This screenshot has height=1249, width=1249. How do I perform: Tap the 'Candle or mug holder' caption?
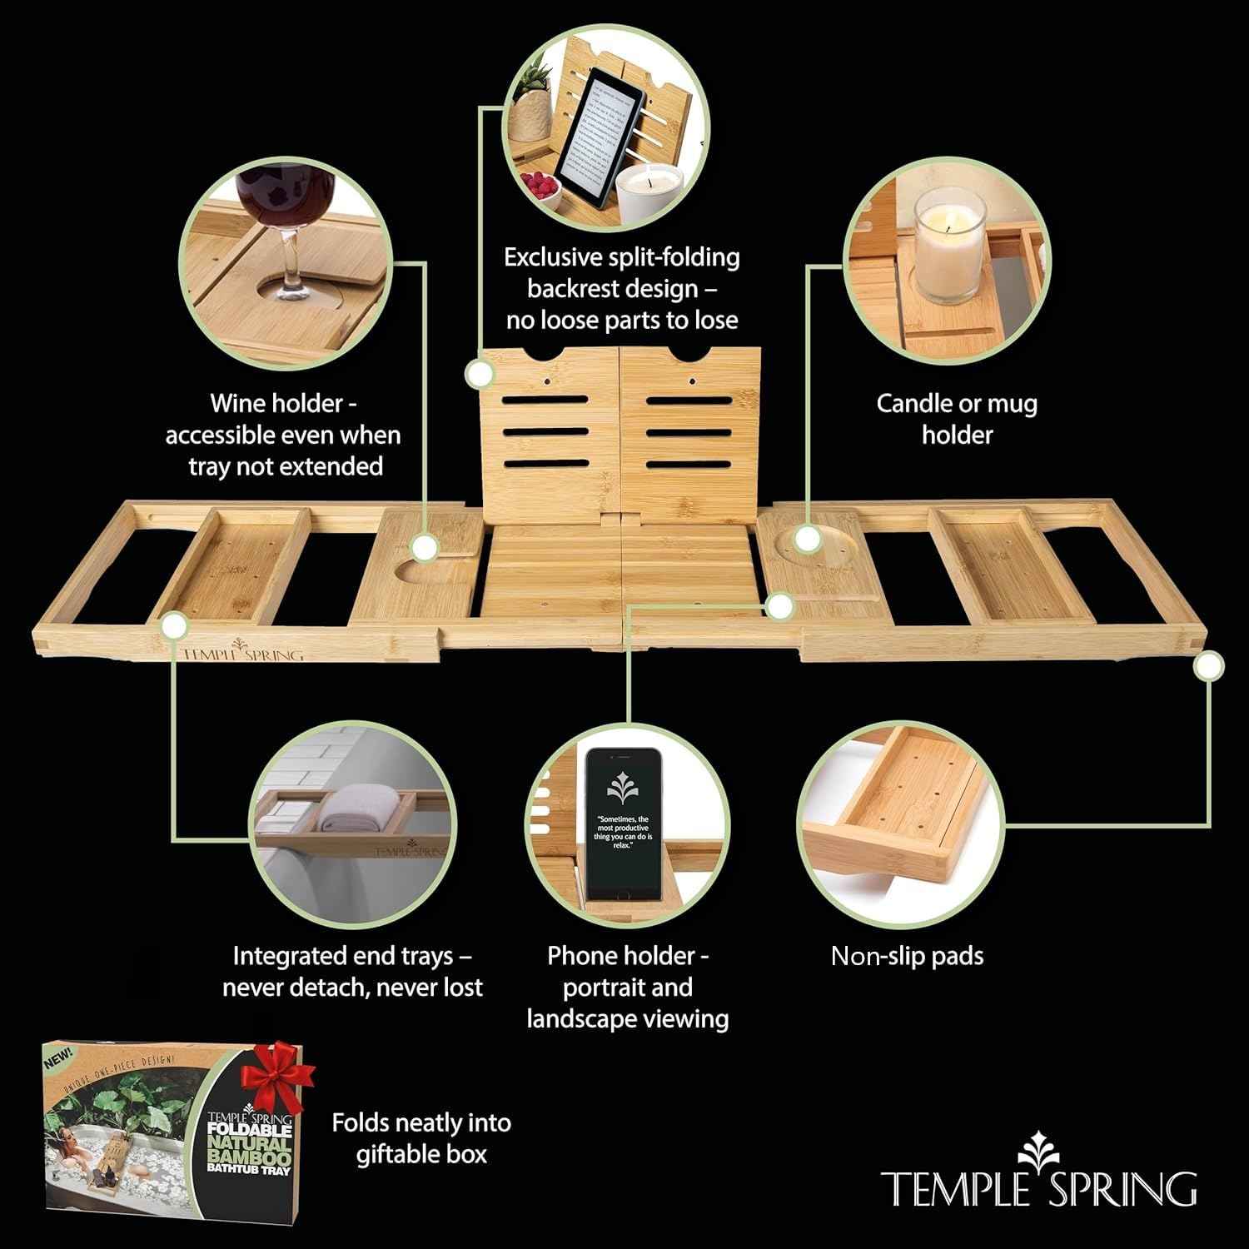pos(957,419)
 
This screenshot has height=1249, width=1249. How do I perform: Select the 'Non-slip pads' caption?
pos(907,955)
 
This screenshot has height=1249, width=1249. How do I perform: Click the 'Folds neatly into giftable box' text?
pos(421,1137)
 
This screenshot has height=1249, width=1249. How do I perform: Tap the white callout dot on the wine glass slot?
pos(425,547)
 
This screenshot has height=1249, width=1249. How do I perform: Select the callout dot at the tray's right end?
pos(1208,665)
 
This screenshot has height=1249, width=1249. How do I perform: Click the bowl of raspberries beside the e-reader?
pos(542,184)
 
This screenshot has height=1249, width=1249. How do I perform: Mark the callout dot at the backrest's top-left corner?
pos(479,374)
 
